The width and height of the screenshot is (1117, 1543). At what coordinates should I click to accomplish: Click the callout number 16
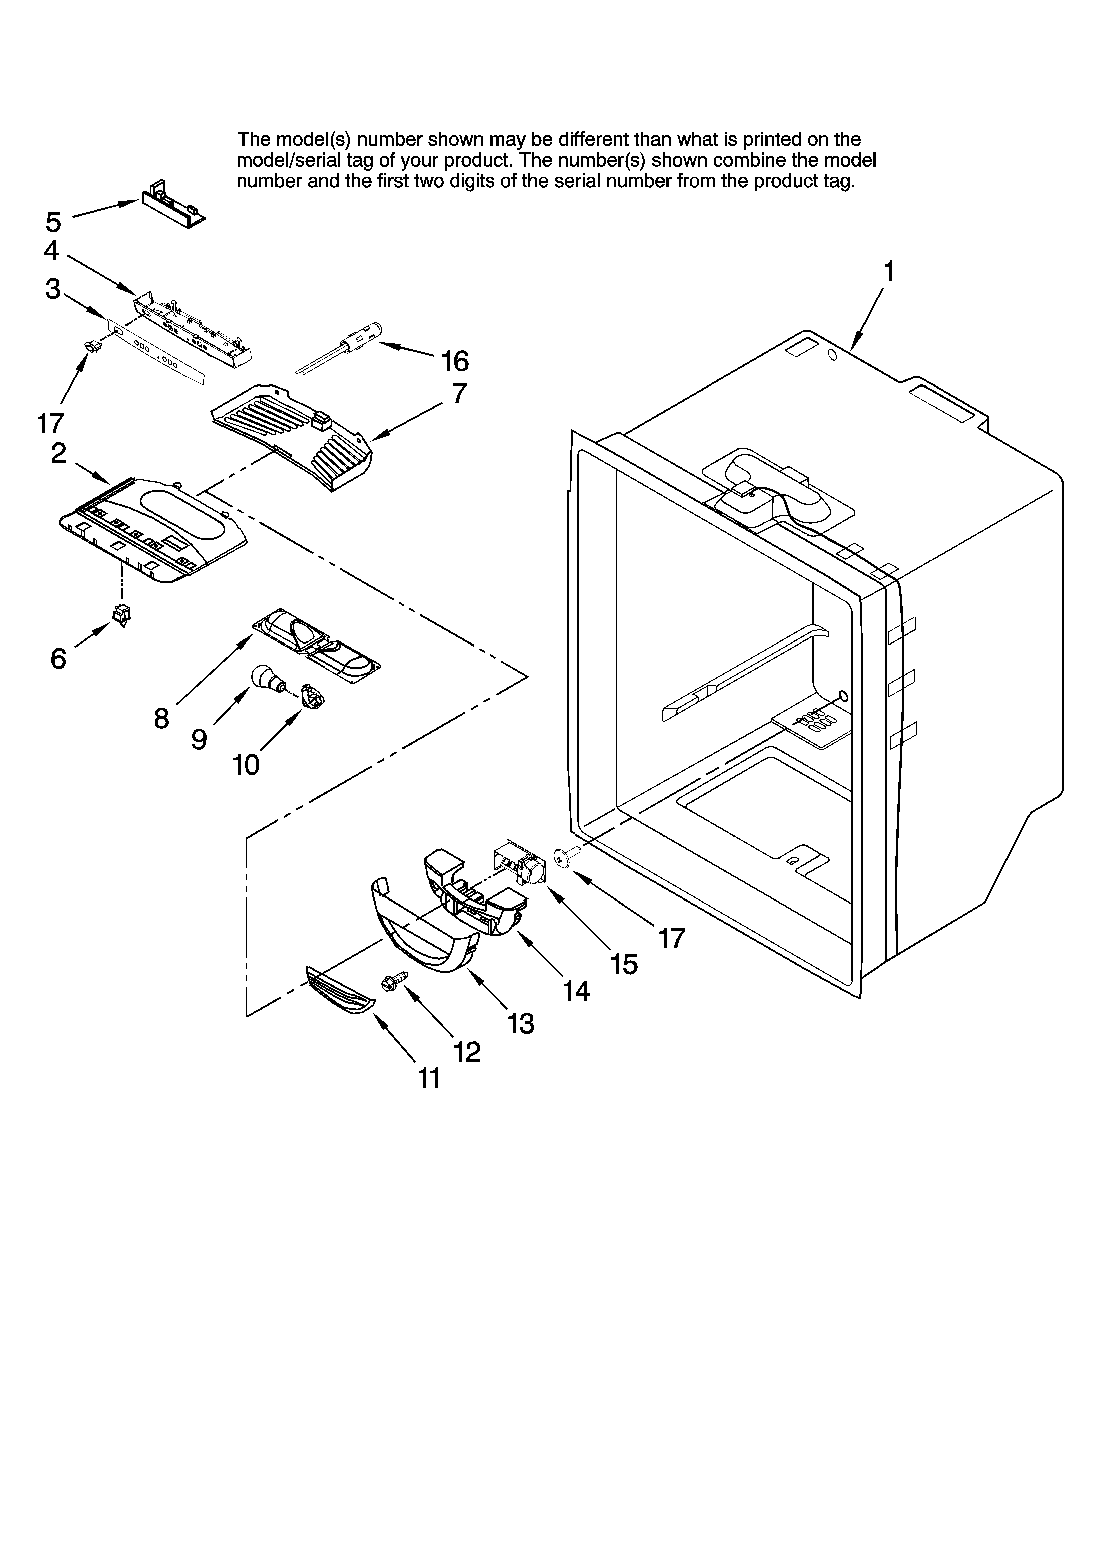[x=455, y=361]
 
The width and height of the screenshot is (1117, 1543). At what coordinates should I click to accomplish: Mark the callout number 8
[x=161, y=718]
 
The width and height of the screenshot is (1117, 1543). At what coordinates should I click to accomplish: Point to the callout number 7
[x=459, y=393]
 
